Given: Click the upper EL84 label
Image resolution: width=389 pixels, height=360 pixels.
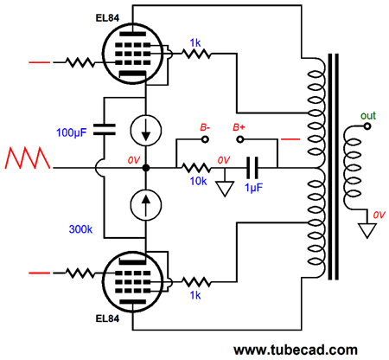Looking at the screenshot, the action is [x=107, y=18].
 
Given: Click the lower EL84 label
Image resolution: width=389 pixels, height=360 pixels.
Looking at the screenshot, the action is [x=107, y=318].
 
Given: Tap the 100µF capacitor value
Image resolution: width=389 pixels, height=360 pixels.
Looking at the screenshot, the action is [x=71, y=132].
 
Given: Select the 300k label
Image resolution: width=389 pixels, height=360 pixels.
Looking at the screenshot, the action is [x=80, y=229].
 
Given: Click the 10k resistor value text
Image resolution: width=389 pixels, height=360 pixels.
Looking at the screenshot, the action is [x=198, y=181].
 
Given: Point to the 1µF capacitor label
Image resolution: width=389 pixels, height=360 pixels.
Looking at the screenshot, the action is [x=253, y=188].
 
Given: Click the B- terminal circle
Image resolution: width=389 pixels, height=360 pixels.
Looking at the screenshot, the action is [x=205, y=139].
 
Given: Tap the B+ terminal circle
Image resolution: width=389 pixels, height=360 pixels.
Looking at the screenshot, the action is [x=239, y=139].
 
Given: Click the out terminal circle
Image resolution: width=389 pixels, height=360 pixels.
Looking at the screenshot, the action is [x=367, y=126].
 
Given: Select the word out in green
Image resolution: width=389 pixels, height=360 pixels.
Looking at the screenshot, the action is [x=368, y=116].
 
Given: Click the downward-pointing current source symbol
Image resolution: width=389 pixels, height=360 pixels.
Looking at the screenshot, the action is [x=146, y=130].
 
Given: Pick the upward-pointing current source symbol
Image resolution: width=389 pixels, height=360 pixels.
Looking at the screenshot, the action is [x=146, y=205].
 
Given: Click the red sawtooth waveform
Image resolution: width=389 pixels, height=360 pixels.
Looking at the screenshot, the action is [x=28, y=157].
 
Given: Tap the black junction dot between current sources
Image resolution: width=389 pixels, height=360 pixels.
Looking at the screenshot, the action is [x=146, y=168].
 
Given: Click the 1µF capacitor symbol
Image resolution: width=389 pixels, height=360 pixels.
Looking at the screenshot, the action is [x=252, y=168].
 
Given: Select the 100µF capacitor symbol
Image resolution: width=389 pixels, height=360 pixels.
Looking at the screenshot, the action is [x=105, y=130].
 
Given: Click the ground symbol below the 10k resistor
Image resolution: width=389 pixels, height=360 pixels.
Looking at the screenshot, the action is [x=225, y=189].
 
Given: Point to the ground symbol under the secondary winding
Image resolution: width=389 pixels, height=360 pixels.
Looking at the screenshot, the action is [x=367, y=230].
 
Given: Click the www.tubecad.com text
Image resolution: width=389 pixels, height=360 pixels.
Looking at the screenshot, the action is [x=296, y=350].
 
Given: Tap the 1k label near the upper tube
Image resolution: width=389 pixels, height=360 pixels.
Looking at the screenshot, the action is [x=195, y=43].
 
